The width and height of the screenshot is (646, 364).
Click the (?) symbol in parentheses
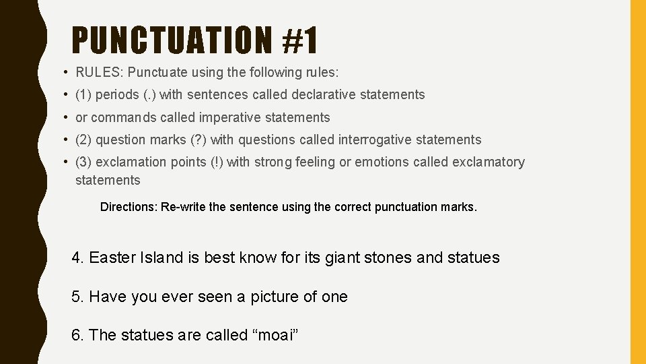click(x=199, y=140)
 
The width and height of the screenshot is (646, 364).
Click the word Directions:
click(x=129, y=207)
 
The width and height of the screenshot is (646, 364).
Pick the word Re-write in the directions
click(x=184, y=207)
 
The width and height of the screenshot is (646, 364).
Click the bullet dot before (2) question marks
click(x=62, y=140)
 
